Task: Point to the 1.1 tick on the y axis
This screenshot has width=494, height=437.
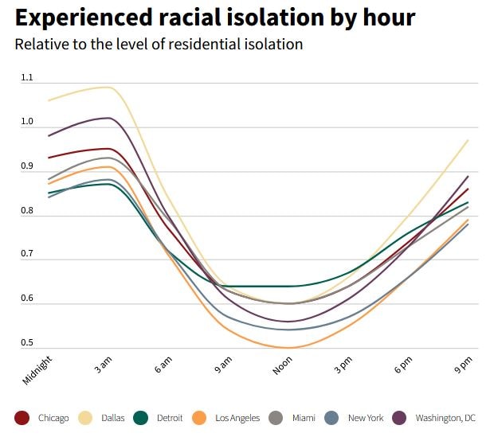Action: coord(27,78)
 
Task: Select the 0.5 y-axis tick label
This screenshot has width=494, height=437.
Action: coord(27,343)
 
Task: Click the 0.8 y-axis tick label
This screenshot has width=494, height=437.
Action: coord(27,211)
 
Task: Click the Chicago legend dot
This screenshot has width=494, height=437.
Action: coord(22,418)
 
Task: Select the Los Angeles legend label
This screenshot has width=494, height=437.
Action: coord(237,418)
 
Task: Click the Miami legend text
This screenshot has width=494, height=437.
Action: coord(303,418)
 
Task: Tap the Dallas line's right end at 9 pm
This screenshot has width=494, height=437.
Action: coord(468,140)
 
